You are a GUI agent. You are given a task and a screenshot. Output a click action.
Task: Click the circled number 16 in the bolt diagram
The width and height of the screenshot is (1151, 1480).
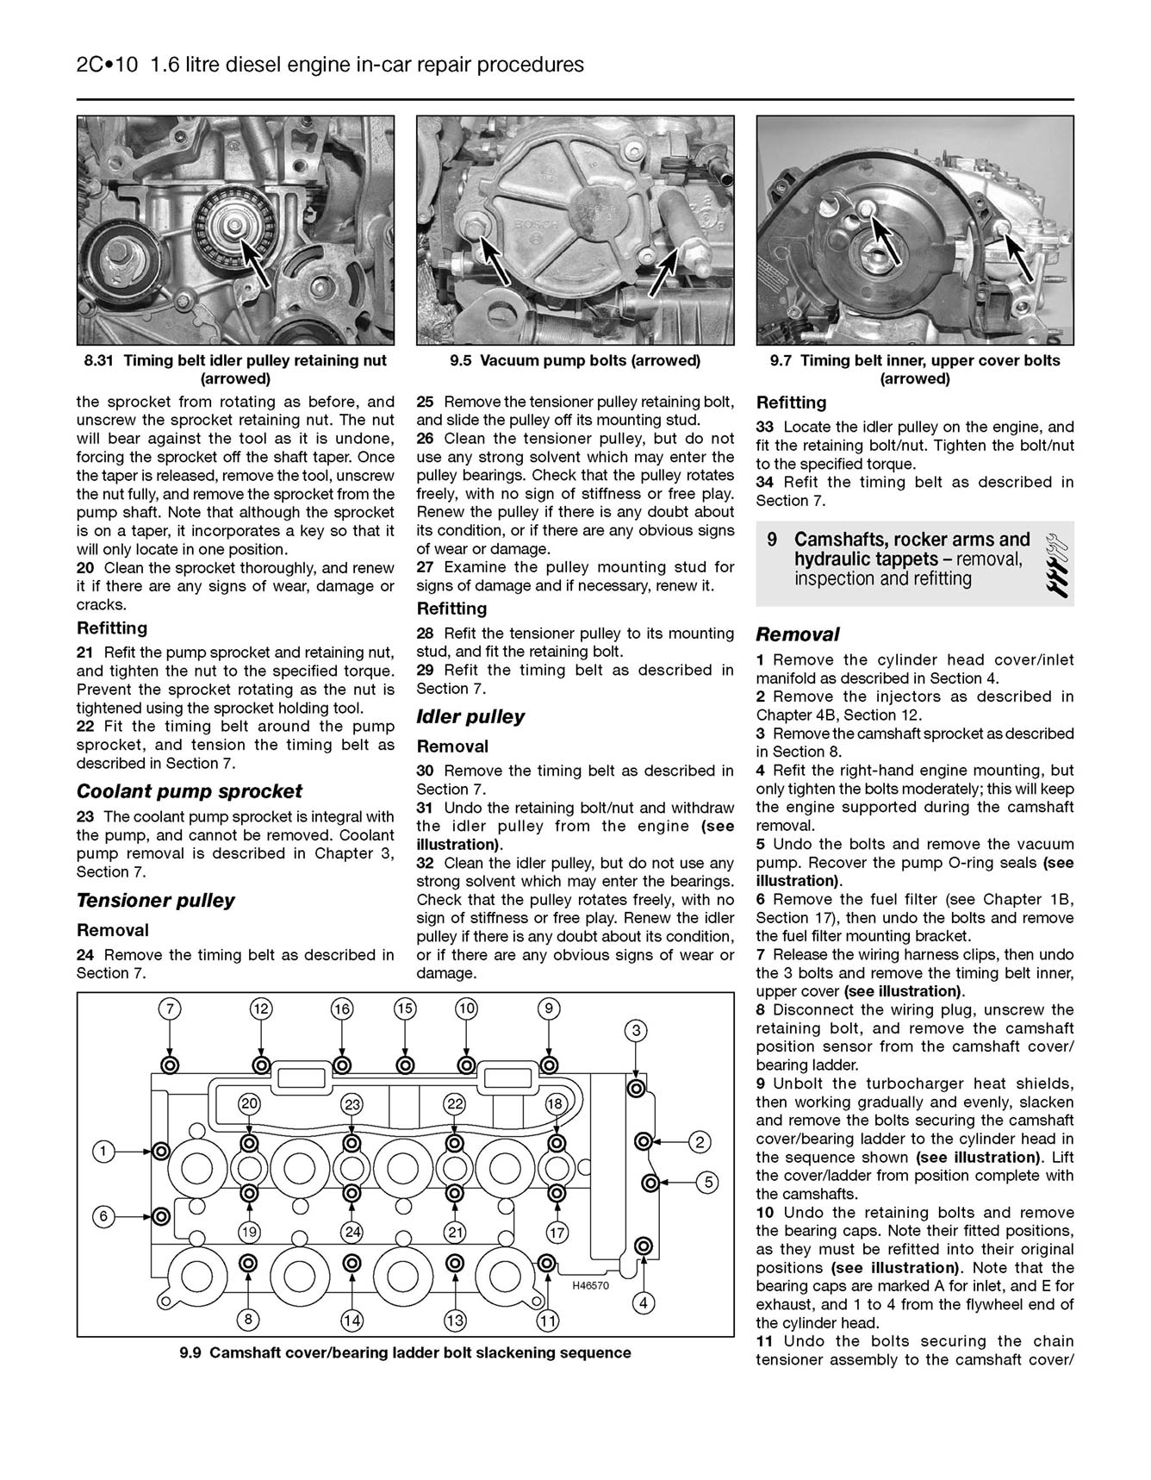pyautogui.click(x=342, y=1009)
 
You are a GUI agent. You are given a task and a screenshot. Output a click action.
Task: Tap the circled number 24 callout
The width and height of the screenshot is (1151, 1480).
pyautogui.click(x=352, y=1232)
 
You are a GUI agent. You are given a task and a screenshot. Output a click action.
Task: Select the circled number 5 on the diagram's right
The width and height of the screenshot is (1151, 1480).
pyautogui.click(x=706, y=1182)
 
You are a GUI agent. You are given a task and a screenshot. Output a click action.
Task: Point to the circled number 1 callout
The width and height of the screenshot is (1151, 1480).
pyautogui.click(x=103, y=1151)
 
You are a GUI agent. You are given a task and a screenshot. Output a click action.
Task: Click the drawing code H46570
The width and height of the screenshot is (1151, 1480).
pyautogui.click(x=590, y=1285)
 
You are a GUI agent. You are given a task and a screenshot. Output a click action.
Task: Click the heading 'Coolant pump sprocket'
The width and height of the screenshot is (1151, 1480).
pyautogui.click(x=190, y=791)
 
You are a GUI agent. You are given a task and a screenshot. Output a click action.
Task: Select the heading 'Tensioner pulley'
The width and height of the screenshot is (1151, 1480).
pyautogui.click(x=156, y=901)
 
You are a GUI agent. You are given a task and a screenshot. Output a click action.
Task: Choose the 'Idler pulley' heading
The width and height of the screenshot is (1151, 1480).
pyautogui.click(x=470, y=717)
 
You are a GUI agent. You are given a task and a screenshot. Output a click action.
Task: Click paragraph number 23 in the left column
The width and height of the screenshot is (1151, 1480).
pyautogui.click(x=86, y=816)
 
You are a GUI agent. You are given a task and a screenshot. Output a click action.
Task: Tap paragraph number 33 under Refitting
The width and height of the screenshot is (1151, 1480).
pyautogui.click(x=765, y=427)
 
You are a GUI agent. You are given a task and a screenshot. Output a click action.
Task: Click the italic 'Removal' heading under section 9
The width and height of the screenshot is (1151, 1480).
pyautogui.click(x=797, y=634)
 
